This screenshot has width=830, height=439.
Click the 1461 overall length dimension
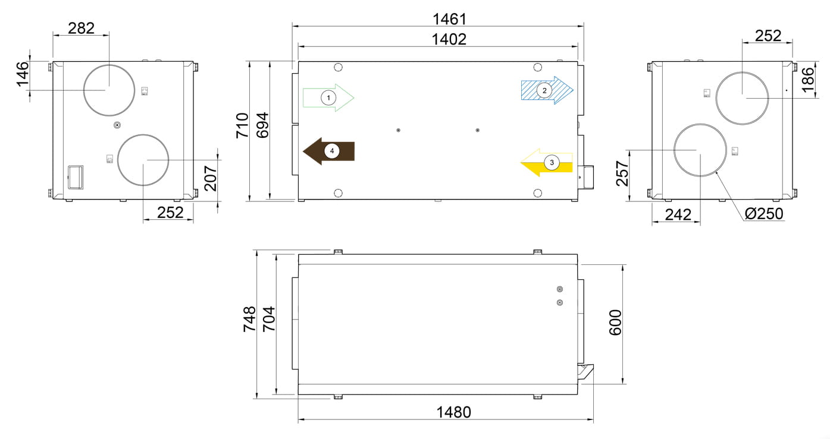tap(449, 19)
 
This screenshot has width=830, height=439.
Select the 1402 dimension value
tap(449, 39)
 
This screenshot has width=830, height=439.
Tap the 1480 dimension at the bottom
tap(453, 412)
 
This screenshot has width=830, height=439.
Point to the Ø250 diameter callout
tap(764, 214)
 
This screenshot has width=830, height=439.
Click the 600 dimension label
tap(615, 323)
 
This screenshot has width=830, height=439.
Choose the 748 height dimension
tap(249, 319)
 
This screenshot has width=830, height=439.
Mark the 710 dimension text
tap(242, 126)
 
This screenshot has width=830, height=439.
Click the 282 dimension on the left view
tap(82, 28)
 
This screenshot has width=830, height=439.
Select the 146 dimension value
tap(23, 74)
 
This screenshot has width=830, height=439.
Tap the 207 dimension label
tap(211, 179)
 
